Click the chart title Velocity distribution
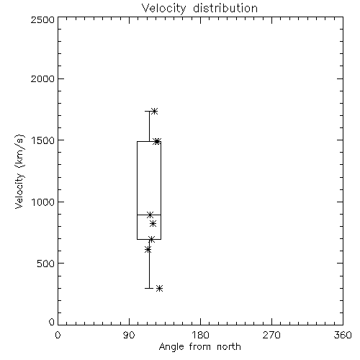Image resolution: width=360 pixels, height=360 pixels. pos(199,8)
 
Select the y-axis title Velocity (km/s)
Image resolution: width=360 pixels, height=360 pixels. pos(19,171)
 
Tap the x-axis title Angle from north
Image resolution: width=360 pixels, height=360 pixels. pos(199,347)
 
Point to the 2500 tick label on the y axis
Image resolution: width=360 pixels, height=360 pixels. pos(42,19)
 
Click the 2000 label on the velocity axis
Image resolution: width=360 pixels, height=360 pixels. pos(42,79)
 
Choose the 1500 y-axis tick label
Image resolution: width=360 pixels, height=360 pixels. pos(43,140)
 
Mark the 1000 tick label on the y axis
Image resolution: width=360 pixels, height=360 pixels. pos(43,202)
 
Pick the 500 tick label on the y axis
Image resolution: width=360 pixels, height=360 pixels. pos(46,264)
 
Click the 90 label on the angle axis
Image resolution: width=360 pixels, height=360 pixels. pos(129,335)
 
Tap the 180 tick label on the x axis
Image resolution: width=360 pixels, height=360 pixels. pos(200,335)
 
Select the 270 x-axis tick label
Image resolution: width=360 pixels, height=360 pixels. pos(271,335)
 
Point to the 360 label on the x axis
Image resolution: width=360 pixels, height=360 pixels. pos(343,335)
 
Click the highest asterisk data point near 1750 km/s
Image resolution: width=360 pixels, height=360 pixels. pos(154,111)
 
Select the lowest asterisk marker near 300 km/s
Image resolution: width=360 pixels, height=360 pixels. pos(160,288)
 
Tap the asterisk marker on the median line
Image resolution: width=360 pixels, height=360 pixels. pos(150,215)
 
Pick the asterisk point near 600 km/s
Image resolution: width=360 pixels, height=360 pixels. pos(148,250)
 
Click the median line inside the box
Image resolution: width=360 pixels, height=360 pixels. pos(149,215)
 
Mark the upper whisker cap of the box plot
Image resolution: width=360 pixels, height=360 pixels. pos(149,111)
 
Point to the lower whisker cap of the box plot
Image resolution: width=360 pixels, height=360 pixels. pos(149,288)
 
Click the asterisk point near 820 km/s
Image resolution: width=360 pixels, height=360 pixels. pos(153,224)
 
